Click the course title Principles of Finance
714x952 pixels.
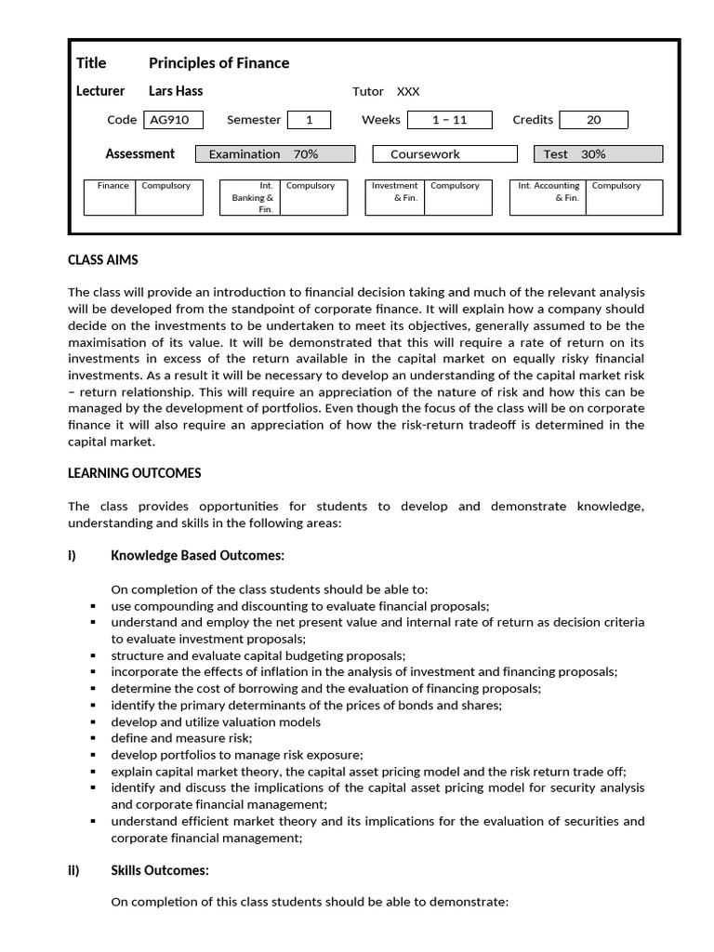click(218, 63)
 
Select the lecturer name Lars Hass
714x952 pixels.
click(176, 91)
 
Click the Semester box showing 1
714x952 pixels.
click(310, 120)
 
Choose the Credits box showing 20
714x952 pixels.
click(593, 120)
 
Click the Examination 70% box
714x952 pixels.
click(274, 154)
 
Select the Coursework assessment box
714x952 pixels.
click(444, 154)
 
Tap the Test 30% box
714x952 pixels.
click(598, 154)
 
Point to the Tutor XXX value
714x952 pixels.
click(408, 91)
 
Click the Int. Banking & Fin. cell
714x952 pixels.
click(251, 197)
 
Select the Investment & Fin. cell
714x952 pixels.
click(395, 192)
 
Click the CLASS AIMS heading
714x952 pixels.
click(103, 260)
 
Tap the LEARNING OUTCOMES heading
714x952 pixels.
click(135, 473)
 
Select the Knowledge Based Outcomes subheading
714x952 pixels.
click(197, 556)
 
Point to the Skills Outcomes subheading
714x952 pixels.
click(160, 870)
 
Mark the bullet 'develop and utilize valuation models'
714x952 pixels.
click(216, 721)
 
